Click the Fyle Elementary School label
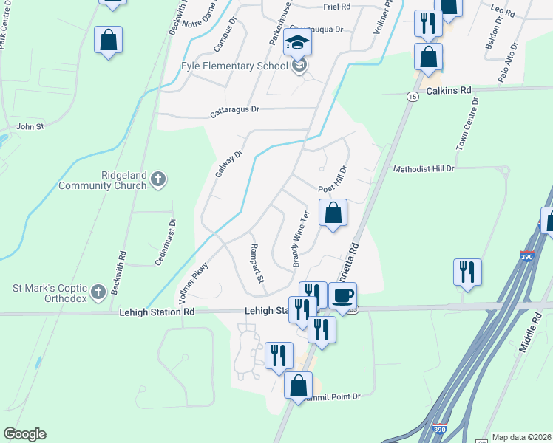(234, 66)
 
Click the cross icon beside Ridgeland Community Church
(157, 179)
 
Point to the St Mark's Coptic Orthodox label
(50, 292)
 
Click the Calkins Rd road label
(449, 91)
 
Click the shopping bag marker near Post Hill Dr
(333, 213)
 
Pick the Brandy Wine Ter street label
(300, 238)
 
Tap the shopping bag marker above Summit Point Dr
(298, 386)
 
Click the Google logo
(24, 434)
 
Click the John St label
(30, 127)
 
